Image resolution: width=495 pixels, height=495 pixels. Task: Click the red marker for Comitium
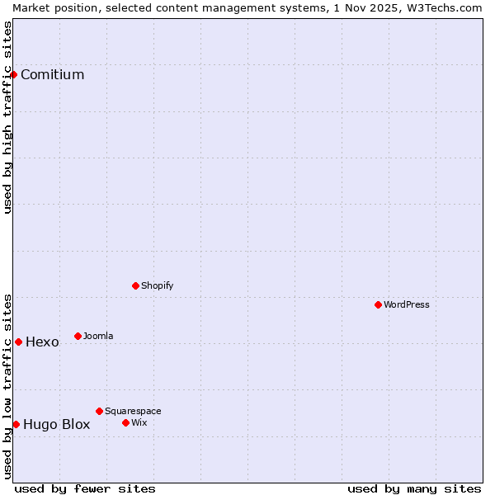pos(13,74)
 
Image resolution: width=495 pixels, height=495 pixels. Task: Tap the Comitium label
pos(52,75)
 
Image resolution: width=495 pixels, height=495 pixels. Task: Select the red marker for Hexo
pos(18,342)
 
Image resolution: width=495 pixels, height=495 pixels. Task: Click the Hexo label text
pos(42,342)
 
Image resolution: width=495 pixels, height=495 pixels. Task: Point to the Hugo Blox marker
pos(16,424)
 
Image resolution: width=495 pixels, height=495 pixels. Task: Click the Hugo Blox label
pos(56,425)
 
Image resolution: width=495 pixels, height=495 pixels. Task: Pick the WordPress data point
pos(378,304)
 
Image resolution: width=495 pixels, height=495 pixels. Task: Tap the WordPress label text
pos(407,304)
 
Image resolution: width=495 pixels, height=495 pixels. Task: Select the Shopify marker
pos(135,285)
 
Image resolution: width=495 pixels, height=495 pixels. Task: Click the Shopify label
pos(157,285)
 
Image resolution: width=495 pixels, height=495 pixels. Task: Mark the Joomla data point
pos(78,336)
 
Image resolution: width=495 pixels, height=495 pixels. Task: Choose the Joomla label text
pos(98,336)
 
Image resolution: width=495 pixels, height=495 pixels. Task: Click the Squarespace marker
pos(99,411)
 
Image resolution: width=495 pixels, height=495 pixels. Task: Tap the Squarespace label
pos(133,411)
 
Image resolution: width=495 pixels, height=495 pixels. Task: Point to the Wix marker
pos(125,422)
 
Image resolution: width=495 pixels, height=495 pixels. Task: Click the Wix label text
pos(139,422)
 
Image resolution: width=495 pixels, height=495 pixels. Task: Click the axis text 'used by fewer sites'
pos(85,488)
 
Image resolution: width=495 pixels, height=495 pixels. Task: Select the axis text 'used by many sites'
pos(414,488)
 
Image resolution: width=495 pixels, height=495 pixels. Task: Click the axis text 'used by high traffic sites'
pos(8,117)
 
